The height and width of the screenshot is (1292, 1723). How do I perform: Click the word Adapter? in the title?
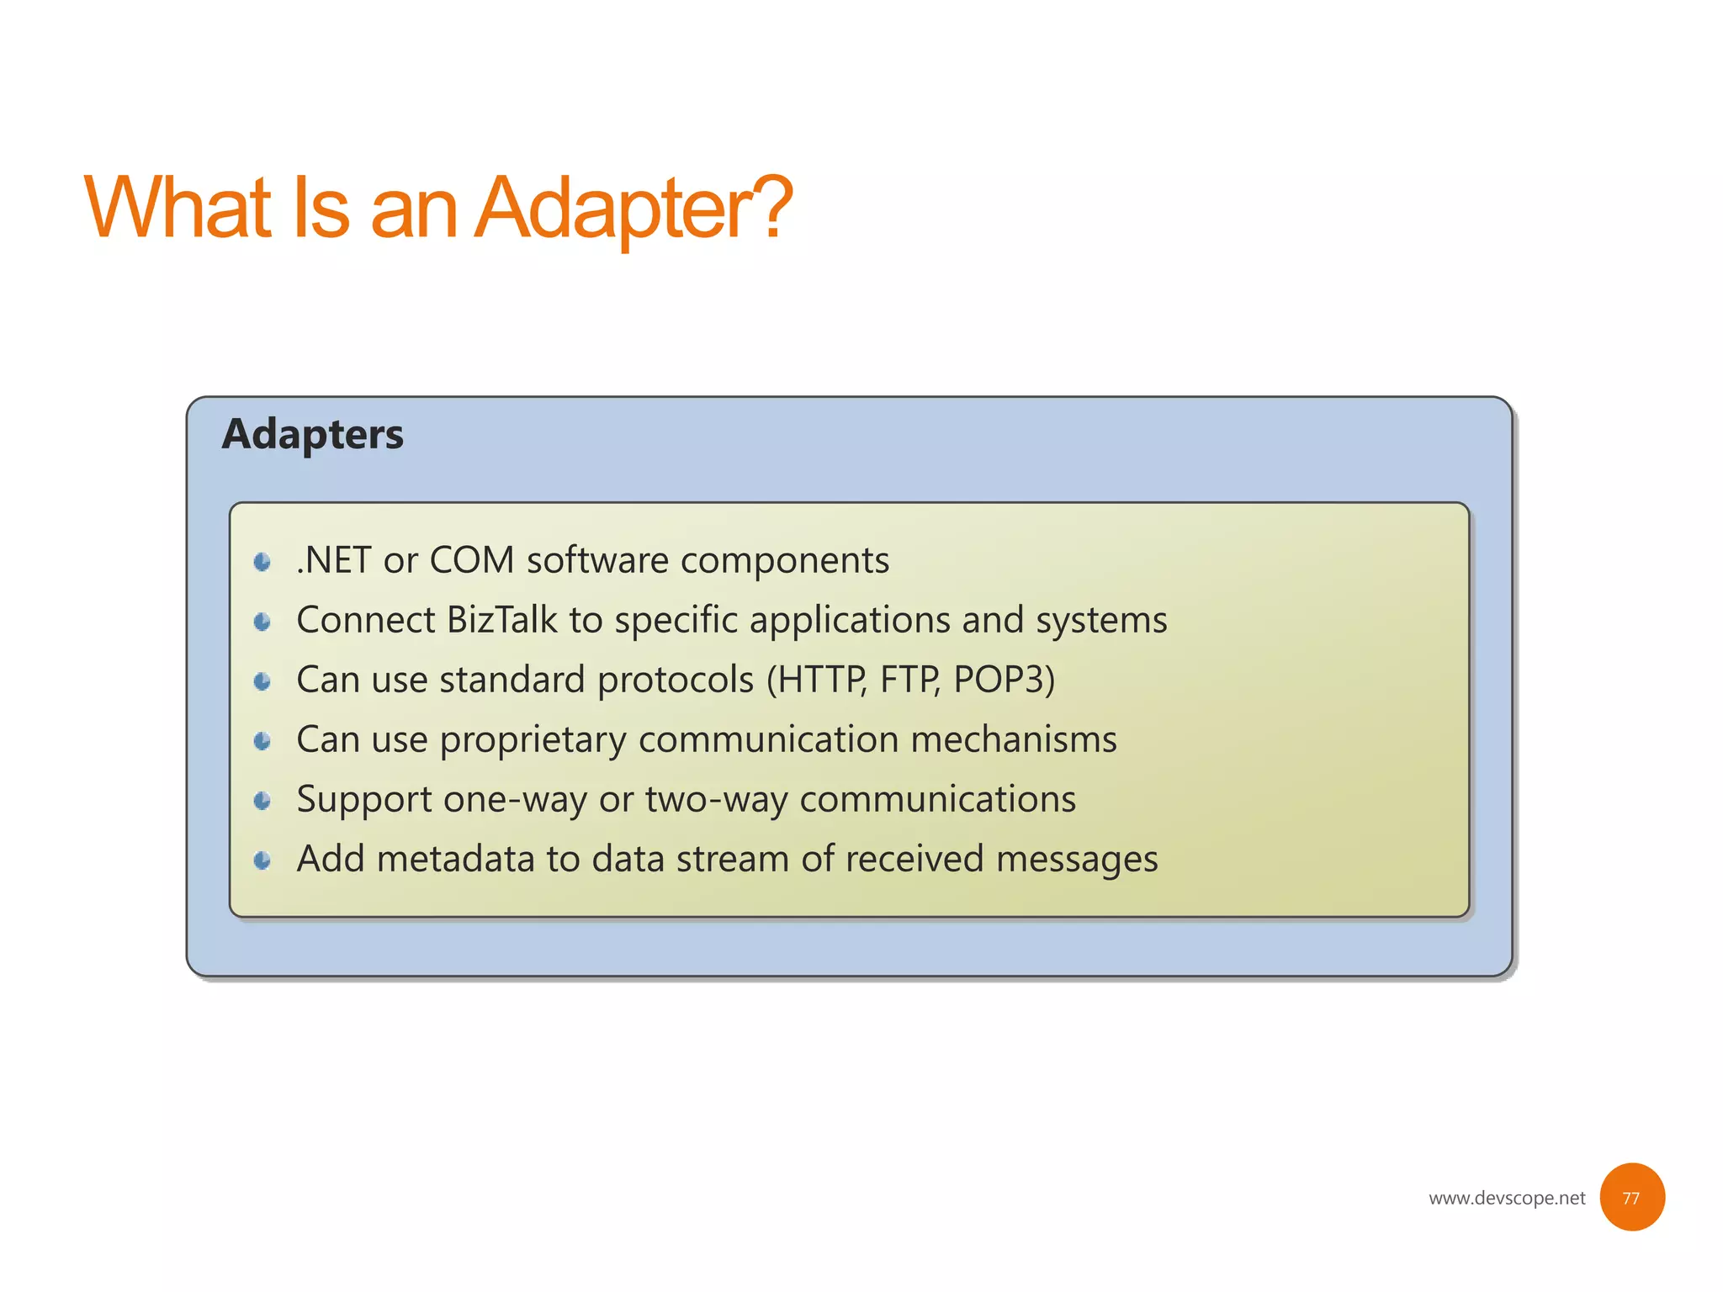point(633,208)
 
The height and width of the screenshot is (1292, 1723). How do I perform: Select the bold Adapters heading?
point(312,434)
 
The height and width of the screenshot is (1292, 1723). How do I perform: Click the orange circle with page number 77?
point(1631,1197)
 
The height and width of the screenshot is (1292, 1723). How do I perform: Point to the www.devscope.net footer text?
point(1506,1198)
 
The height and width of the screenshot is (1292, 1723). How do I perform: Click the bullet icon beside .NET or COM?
point(262,562)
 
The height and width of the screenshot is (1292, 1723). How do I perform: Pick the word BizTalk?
point(501,621)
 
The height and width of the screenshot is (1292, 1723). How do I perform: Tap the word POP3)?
point(1004,680)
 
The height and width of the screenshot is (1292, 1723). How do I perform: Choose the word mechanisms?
point(1013,739)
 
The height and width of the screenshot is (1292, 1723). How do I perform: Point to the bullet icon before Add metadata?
point(262,860)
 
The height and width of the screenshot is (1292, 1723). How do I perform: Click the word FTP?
point(909,680)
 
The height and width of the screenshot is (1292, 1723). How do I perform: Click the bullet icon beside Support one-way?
point(262,801)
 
